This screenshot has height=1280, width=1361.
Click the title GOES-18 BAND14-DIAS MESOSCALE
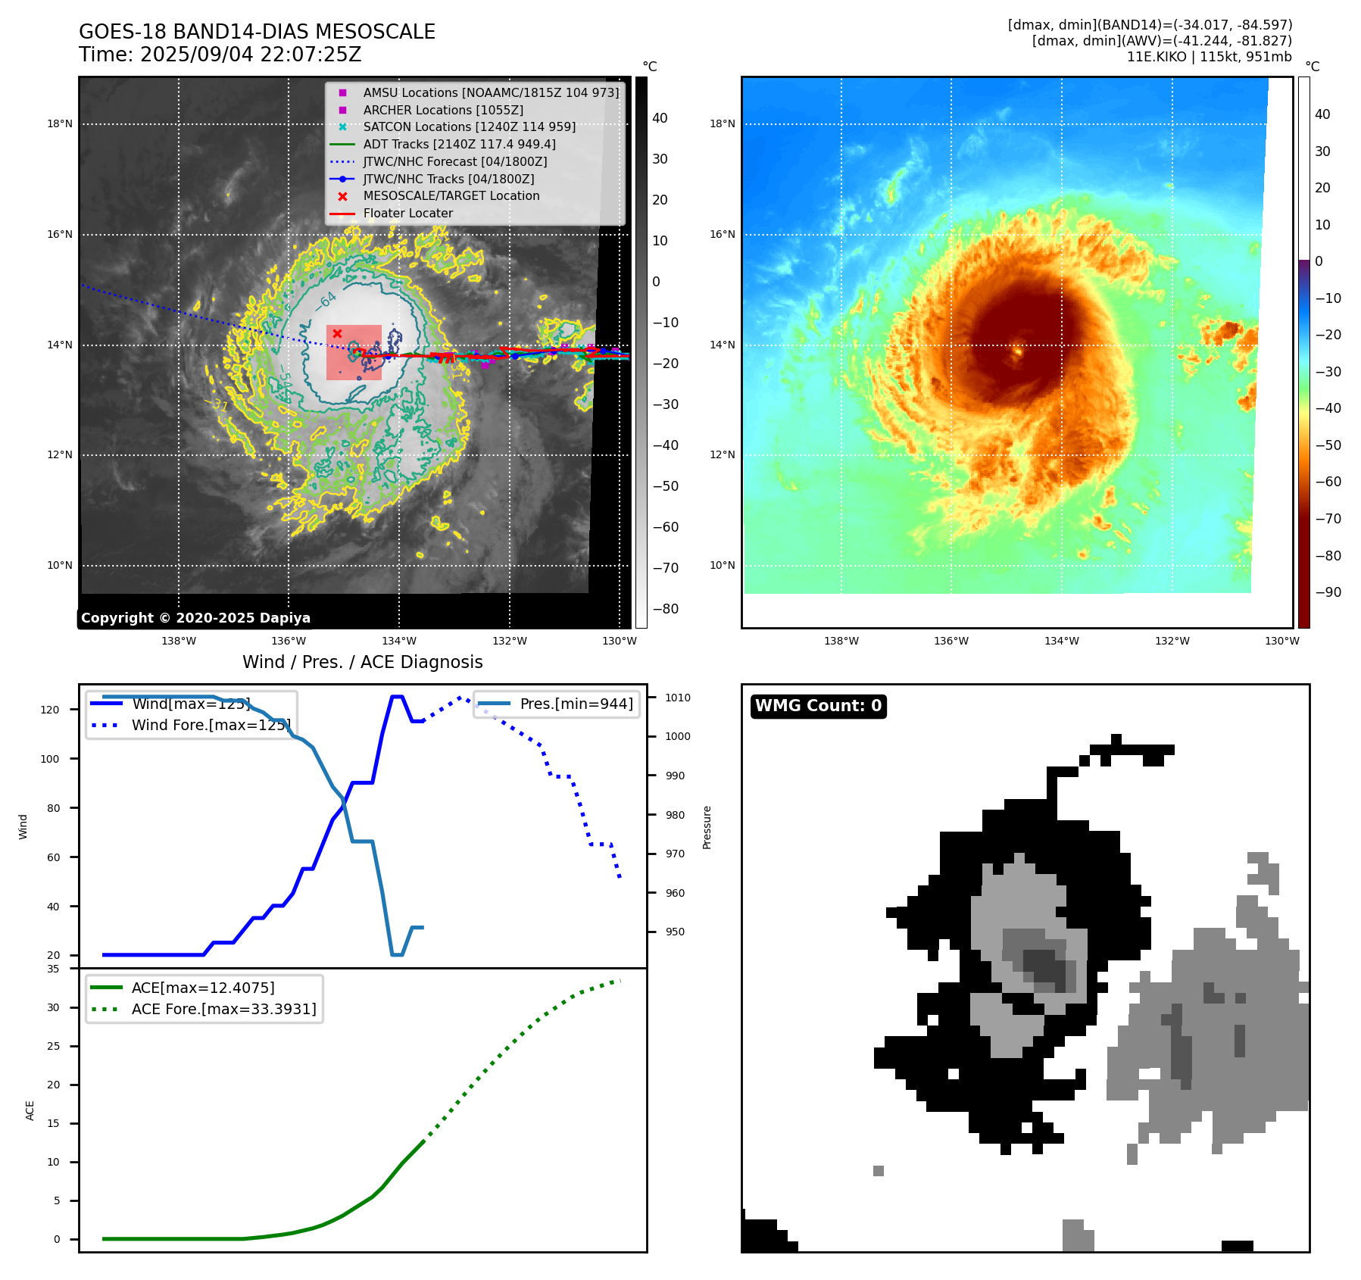point(257,32)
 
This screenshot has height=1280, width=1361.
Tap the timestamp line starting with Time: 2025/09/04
point(220,55)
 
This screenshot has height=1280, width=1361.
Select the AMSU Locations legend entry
point(490,92)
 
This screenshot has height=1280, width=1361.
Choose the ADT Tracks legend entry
point(459,144)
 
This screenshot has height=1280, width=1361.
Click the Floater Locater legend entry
point(407,214)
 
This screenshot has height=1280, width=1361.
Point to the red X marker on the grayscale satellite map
point(338,333)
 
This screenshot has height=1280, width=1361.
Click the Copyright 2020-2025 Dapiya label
point(195,618)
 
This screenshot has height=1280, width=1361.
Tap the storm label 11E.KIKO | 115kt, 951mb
point(1209,57)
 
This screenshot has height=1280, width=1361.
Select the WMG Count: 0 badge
point(818,706)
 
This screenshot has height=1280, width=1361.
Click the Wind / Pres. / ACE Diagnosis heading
point(362,662)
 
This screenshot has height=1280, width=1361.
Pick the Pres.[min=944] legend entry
point(576,704)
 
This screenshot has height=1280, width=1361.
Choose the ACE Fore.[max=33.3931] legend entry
point(223,1009)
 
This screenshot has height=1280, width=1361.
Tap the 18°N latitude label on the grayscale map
point(60,124)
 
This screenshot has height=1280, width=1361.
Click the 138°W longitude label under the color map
point(841,641)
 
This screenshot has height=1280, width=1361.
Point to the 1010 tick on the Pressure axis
point(678,698)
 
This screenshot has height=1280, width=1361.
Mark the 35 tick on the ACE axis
point(53,969)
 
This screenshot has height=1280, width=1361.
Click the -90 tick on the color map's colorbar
point(1328,592)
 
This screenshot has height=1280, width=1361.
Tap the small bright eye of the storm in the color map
point(1017,351)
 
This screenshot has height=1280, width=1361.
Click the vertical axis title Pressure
point(707,827)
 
